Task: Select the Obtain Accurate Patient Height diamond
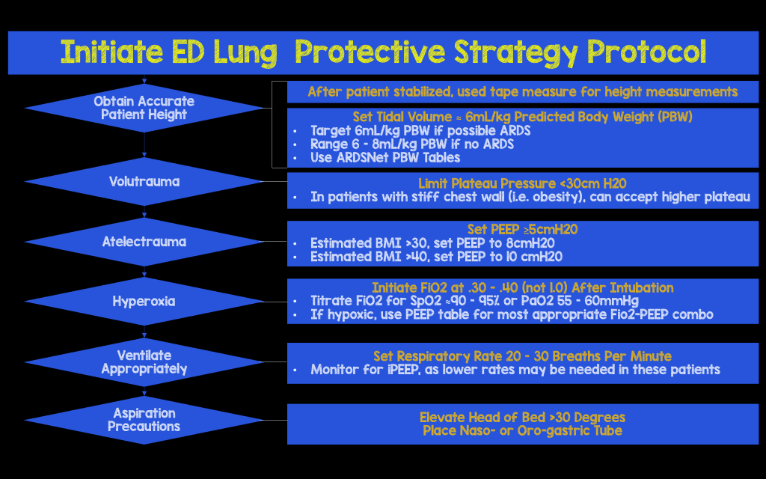[x=144, y=108]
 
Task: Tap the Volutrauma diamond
[x=144, y=181]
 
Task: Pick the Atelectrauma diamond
[x=144, y=242]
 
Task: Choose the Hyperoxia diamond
[x=144, y=302]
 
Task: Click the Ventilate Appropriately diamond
[x=144, y=361]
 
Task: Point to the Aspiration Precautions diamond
[x=144, y=420]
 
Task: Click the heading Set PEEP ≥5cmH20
[x=522, y=230]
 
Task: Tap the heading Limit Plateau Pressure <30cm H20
[x=522, y=183]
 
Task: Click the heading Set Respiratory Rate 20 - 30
[x=522, y=356]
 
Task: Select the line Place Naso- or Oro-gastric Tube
[x=522, y=430]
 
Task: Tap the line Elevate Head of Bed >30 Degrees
[x=522, y=417]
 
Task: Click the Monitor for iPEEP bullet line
[x=515, y=370]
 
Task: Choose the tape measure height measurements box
[x=522, y=92]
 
